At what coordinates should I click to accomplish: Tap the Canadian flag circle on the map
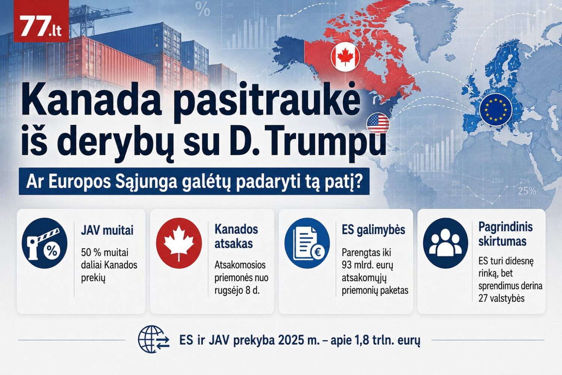pyautogui.click(x=345, y=57)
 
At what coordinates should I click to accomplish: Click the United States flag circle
pyautogui.click(x=378, y=124)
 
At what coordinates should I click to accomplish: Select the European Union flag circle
pyautogui.click(x=496, y=109)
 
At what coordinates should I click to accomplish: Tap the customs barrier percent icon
pyautogui.click(x=45, y=243)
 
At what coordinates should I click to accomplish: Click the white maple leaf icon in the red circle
pyautogui.click(x=179, y=243)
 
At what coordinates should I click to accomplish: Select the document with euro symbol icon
pyautogui.click(x=307, y=243)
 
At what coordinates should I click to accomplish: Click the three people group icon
pyautogui.click(x=445, y=243)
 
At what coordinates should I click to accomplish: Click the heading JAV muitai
pyautogui.click(x=107, y=230)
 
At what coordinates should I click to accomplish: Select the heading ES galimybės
pyautogui.click(x=373, y=230)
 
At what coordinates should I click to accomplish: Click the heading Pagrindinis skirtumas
pyautogui.click(x=505, y=234)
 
